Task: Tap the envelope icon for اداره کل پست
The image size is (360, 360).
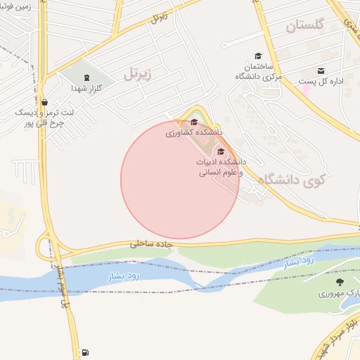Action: tap(321, 71)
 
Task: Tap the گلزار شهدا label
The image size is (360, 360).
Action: tap(86, 89)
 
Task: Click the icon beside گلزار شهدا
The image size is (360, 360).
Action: tap(86, 78)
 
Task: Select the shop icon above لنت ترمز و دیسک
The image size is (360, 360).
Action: tap(45, 102)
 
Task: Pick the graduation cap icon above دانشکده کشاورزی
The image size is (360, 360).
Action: tap(194, 122)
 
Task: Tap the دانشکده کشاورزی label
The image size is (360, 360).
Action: tap(194, 132)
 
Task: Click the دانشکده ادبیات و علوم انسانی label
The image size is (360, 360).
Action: tap(219, 167)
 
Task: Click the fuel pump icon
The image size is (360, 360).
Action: tap(85, 352)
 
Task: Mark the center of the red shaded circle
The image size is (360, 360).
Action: tap(180, 179)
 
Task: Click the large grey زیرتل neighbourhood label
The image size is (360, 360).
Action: tap(139, 72)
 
